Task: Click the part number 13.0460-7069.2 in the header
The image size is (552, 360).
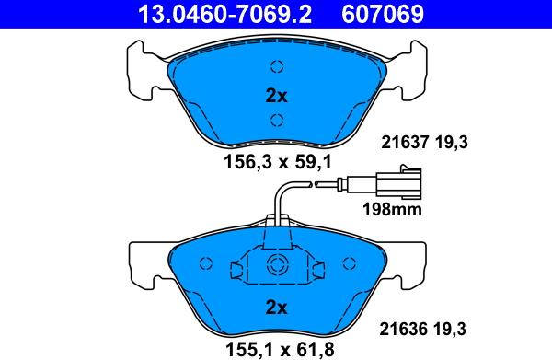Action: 225,14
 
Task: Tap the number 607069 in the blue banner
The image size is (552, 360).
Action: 383,14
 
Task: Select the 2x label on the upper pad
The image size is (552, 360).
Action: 276,96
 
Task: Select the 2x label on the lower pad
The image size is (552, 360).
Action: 276,308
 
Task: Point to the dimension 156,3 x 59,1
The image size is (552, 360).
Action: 278,162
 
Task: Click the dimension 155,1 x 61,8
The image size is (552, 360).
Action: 280,350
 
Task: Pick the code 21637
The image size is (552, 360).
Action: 405,143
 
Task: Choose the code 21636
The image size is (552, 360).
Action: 403,329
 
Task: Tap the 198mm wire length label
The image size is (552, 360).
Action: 392,210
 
